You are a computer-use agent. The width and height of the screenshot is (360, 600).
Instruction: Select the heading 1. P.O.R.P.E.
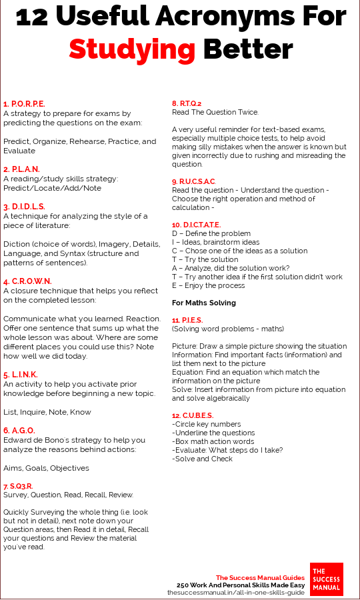pos(24,104)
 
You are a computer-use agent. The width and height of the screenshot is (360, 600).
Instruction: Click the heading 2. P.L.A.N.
pos(21,169)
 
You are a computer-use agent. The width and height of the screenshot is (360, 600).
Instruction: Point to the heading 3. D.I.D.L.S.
pos(24,207)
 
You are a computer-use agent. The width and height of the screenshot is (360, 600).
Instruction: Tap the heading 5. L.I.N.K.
pos(21,375)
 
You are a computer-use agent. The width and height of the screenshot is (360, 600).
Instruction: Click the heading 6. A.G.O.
pos(19,431)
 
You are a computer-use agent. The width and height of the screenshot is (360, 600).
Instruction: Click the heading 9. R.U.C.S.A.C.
pos(194,181)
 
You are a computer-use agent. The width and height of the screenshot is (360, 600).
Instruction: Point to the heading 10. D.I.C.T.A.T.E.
pos(197,225)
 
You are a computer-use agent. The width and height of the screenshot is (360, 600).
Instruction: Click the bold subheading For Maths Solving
pos(204,303)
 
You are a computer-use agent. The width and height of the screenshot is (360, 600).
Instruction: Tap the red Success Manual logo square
pos(327,579)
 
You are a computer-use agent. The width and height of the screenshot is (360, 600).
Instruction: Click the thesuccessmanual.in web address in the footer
pos(235,592)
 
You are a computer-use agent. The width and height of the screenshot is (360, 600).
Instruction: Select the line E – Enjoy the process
pos(209,285)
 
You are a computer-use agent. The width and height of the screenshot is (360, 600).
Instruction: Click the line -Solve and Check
pos(203,459)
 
